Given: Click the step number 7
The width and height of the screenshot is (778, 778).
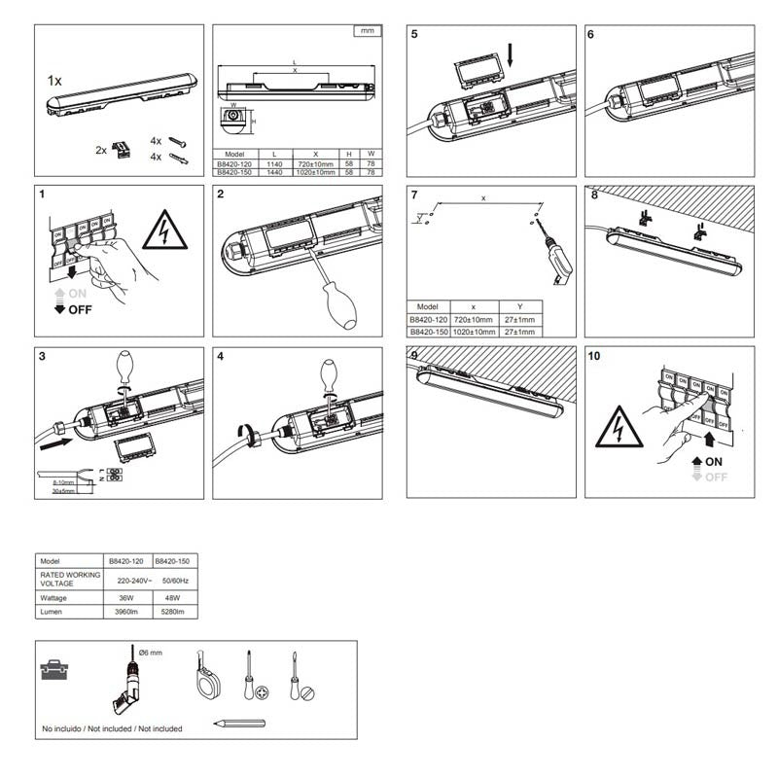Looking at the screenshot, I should [x=414, y=194].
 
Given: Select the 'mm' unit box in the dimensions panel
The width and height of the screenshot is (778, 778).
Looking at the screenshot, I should [x=367, y=32].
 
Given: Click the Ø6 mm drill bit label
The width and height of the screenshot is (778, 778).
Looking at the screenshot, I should [x=147, y=652].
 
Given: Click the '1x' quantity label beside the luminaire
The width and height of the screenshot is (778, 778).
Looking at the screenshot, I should [x=54, y=83].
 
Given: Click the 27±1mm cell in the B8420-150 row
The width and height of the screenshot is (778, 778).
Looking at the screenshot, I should [x=520, y=331].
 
